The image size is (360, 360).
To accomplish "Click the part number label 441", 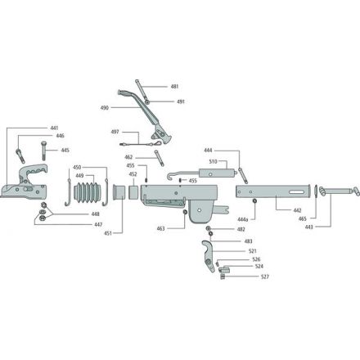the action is pos(54,128).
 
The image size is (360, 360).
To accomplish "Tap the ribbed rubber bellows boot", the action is pos(88,192).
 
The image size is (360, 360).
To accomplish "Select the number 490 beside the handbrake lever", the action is pos(105,108).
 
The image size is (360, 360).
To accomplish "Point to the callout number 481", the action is pos(174,87).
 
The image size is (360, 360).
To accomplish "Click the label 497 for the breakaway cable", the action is pos(115,132).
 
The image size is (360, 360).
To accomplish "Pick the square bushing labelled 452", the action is pos(133,192).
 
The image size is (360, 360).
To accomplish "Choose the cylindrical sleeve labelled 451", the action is pos(119,191).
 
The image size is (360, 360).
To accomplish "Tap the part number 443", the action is pos(309,227).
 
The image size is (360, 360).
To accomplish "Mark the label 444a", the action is pos(243,219).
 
